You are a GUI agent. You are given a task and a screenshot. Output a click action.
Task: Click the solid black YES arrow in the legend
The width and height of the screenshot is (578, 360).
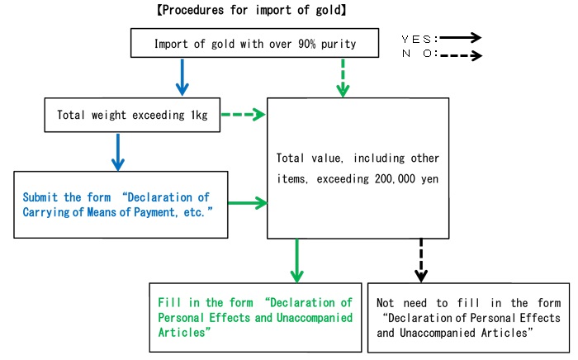tap(462, 37)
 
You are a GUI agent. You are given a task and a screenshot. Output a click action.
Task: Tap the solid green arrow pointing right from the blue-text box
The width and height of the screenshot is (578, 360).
tap(246, 203)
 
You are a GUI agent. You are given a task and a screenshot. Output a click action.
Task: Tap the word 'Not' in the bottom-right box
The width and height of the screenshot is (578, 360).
tap(388, 303)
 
